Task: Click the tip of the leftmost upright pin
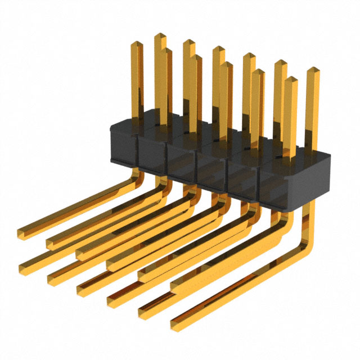coord(136,43)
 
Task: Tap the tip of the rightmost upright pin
coord(312,70)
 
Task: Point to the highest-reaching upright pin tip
coord(159,35)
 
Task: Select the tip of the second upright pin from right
coord(290,79)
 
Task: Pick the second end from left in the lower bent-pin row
coord(52,276)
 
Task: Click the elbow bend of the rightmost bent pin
coord(308,247)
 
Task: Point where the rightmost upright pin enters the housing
coord(311,151)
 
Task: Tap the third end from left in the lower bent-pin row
coord(82,288)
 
